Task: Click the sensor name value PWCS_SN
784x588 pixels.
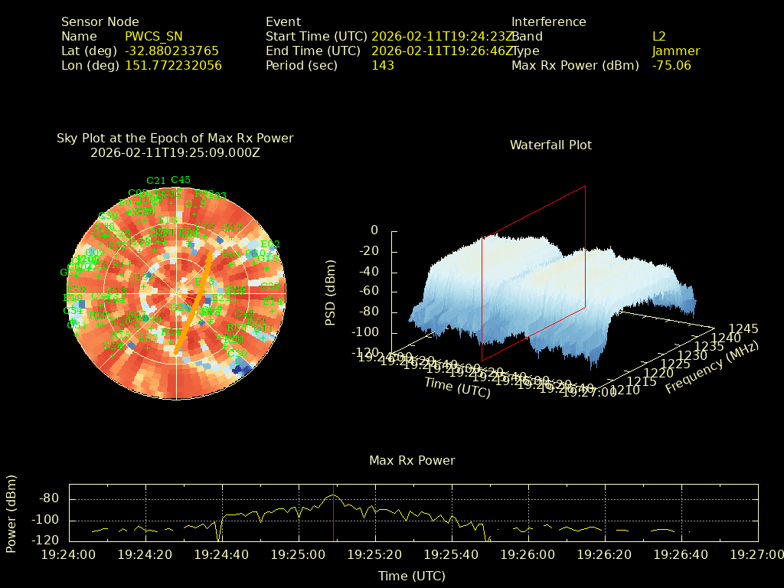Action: [153, 36]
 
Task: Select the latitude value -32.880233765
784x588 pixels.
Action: [171, 51]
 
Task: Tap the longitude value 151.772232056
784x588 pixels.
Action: [173, 65]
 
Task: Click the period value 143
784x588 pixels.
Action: [383, 65]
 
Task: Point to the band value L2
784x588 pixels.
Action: [659, 36]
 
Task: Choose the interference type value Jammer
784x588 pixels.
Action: [676, 51]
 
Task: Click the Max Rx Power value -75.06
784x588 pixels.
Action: [671, 65]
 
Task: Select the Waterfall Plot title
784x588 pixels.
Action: [550, 145]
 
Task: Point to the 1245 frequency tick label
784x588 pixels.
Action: [744, 328]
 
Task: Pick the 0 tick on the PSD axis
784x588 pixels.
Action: [374, 230]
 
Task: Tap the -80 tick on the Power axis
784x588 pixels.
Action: [49, 498]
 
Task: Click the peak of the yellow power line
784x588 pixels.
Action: [333, 495]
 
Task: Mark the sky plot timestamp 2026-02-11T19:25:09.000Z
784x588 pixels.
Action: [175, 152]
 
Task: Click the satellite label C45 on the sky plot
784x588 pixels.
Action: [181, 180]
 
